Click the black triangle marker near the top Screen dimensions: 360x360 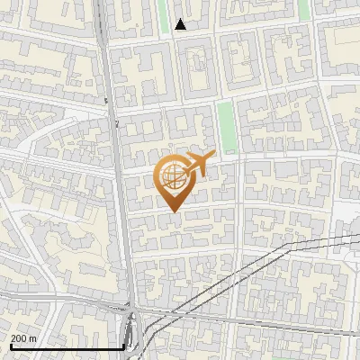[x=181, y=24]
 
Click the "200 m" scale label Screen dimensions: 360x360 [x=24, y=338]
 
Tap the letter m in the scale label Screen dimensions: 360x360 [x=33, y=338]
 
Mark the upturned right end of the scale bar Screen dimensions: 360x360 [x=123, y=345]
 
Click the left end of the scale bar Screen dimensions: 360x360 [x=12, y=347]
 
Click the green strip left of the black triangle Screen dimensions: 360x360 [x=164, y=15]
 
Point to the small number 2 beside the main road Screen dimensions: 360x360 [x=117, y=123]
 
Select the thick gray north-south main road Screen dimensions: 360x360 [x=123, y=198]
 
